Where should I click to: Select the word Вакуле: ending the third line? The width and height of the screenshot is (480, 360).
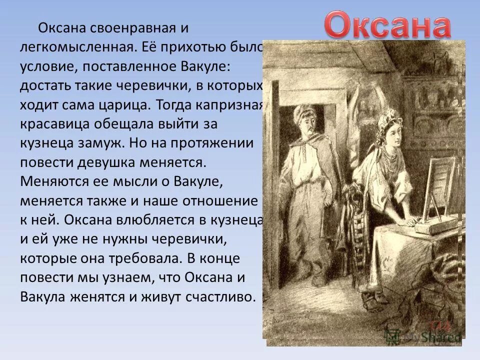click(216, 66)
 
